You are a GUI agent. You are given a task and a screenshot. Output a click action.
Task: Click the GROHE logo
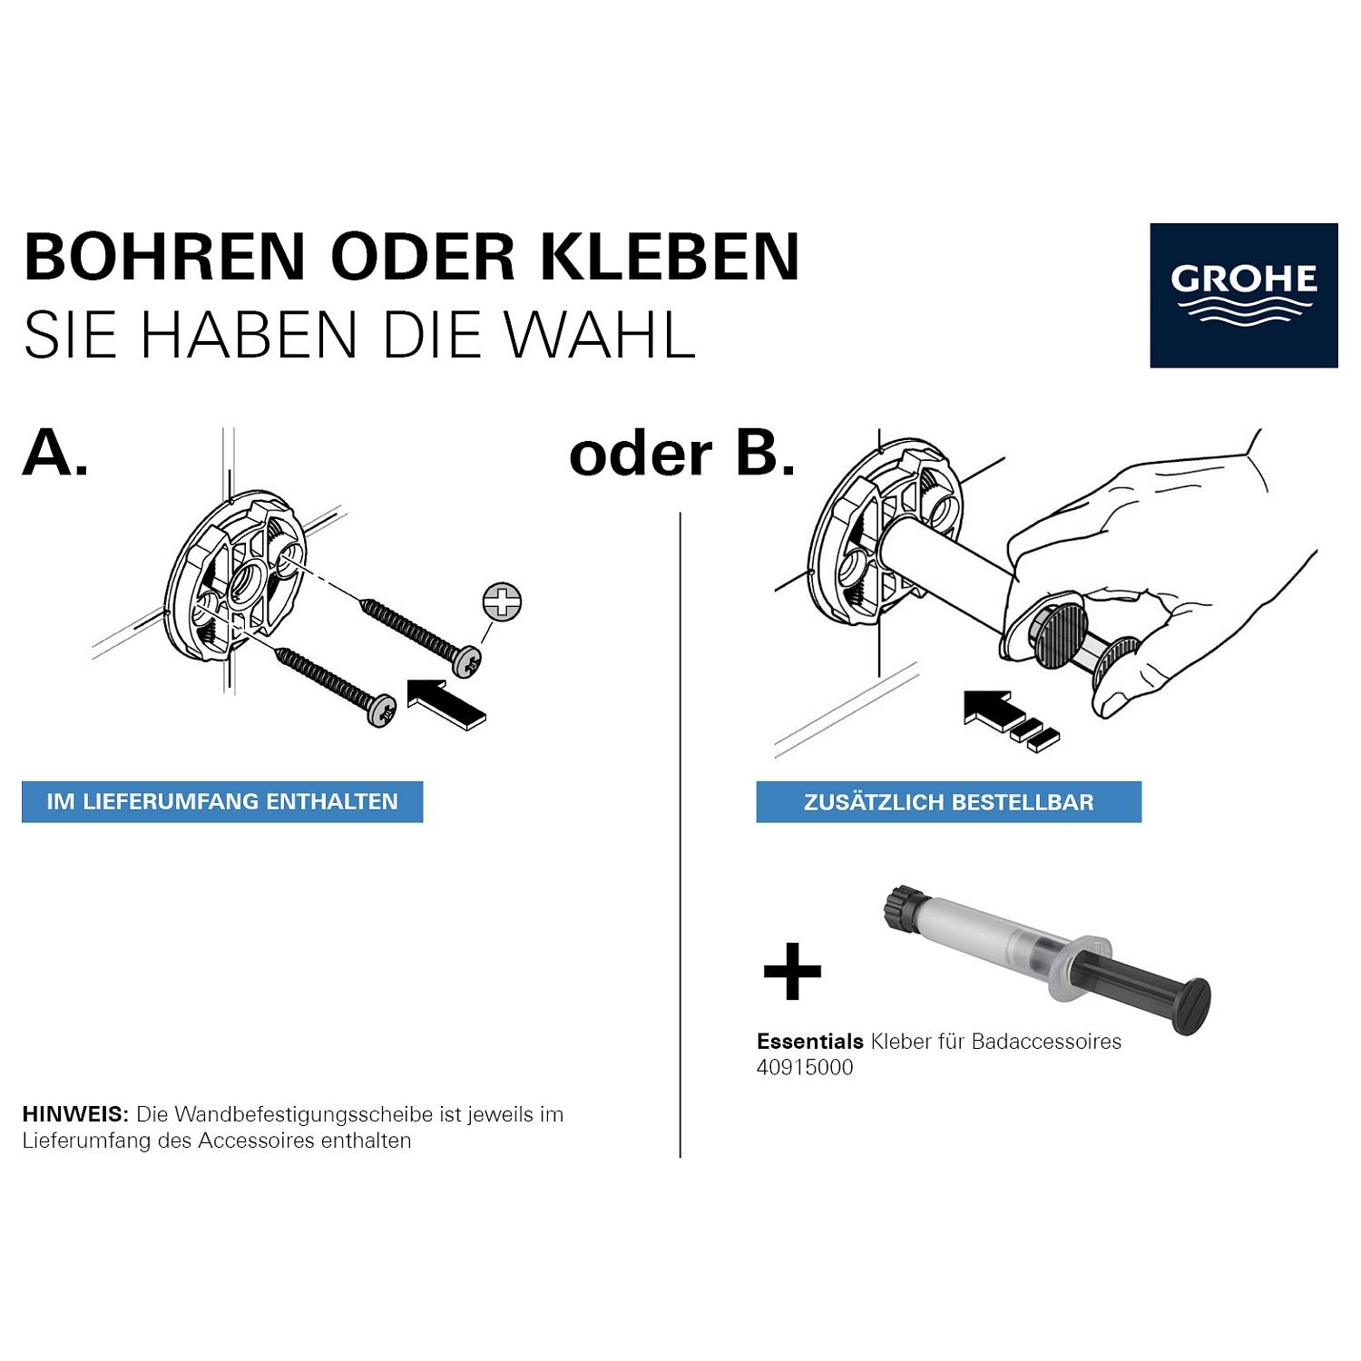coord(1244,295)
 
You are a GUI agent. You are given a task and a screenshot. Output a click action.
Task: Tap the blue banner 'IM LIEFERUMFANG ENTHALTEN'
coord(222,802)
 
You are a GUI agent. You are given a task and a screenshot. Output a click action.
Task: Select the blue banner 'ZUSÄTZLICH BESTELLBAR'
coord(949,802)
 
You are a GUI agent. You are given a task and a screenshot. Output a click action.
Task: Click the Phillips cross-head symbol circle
coord(502,602)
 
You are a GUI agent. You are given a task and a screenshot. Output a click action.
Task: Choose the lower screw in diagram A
coord(337,687)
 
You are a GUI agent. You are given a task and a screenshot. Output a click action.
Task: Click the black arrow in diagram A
coord(446,702)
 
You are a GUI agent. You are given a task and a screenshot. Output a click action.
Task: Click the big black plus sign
coord(792,971)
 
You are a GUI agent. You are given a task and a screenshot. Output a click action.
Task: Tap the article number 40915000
coord(805,1068)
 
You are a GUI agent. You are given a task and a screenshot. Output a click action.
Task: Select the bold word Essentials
coord(810,1042)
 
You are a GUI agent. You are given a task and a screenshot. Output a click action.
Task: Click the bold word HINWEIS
coord(75,1114)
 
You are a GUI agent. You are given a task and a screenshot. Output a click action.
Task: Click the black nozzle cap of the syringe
coord(903,907)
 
